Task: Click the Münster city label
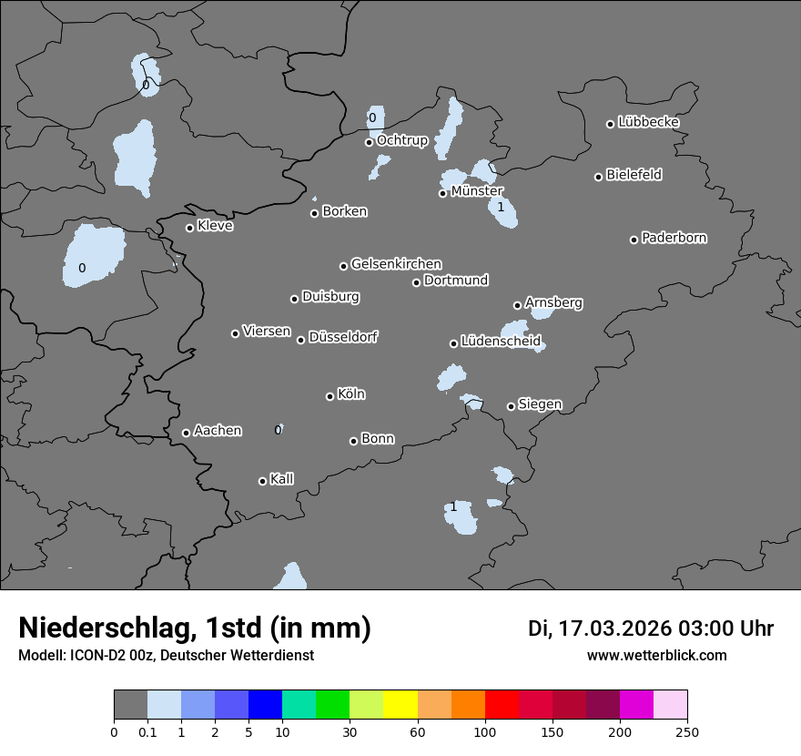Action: tap(477, 191)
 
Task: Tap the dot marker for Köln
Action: tap(330, 396)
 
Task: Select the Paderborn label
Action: tap(674, 238)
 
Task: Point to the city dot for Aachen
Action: tap(186, 433)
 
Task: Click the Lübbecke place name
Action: tap(649, 122)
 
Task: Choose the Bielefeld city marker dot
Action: tap(598, 177)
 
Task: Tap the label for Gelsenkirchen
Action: tap(396, 264)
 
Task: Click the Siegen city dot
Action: tap(511, 406)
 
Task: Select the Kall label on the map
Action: tap(282, 478)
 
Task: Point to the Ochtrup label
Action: tap(402, 140)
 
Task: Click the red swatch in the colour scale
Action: tap(502, 705)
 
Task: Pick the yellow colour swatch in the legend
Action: tap(400, 705)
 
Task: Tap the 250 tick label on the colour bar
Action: tap(687, 731)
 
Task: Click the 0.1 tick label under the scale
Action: tap(147, 731)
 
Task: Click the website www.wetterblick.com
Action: tap(657, 655)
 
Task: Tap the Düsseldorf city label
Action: tap(343, 337)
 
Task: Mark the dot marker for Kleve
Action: tap(189, 228)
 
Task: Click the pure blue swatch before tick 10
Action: tap(265, 705)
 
